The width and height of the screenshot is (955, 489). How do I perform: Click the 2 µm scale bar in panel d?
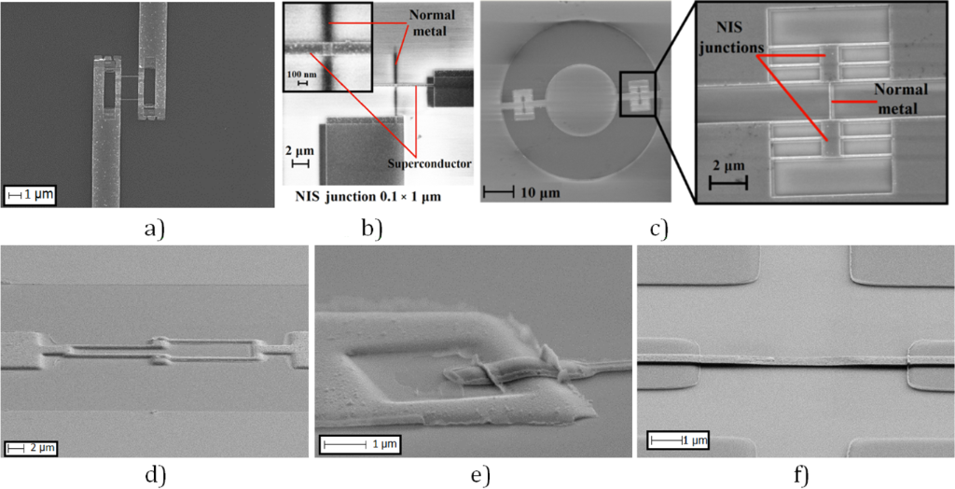(31, 448)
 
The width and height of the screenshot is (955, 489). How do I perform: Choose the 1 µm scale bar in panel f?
(679, 440)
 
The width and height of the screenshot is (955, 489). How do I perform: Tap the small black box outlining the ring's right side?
(639, 93)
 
